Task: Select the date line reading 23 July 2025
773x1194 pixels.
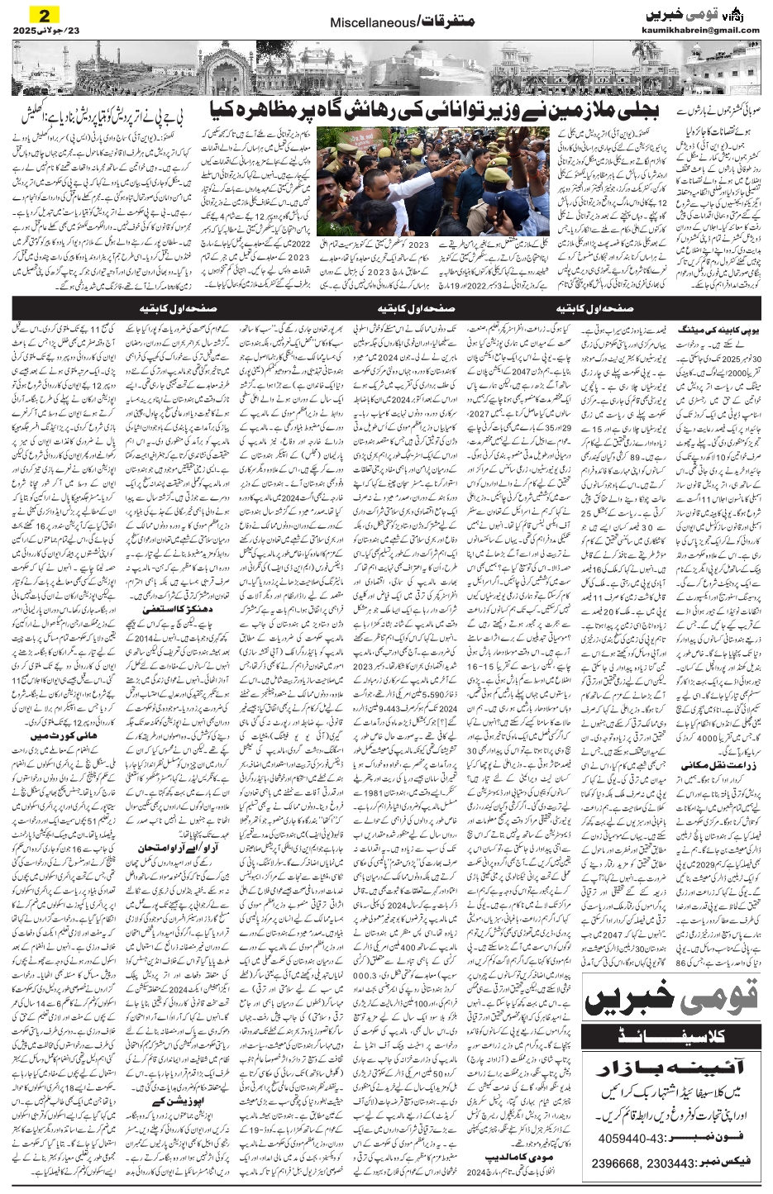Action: [41, 31]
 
